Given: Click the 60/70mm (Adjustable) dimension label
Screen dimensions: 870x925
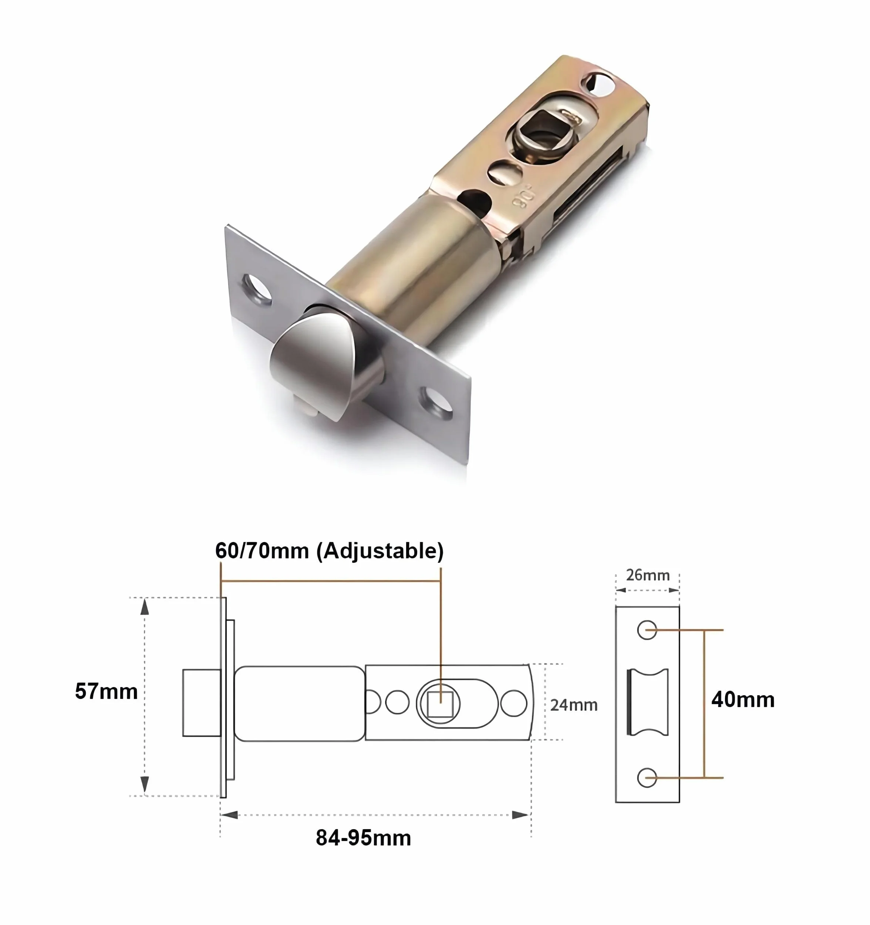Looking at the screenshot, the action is pos(329,551).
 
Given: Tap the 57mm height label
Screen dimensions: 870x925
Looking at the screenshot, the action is pos(106,692).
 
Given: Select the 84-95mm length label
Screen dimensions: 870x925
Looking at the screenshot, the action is pos(363,838).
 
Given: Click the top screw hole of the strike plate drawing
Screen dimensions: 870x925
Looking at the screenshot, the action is pos(647,630).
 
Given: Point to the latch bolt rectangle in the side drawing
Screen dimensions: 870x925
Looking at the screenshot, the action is pos(202,703).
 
